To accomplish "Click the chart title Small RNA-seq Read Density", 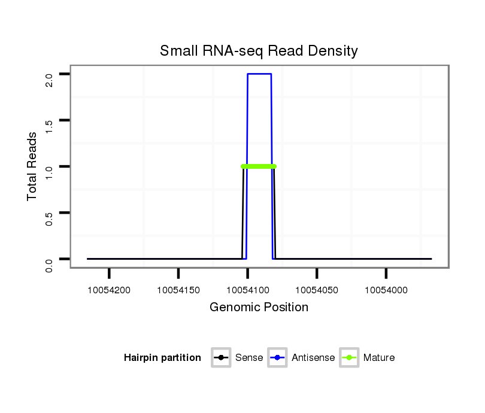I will point(259,51).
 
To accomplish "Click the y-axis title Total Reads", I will point(33,166).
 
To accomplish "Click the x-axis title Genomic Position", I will point(259,308).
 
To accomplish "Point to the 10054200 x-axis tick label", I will point(110,290).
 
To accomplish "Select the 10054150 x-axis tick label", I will point(178,290).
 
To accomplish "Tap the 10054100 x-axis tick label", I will point(248,290).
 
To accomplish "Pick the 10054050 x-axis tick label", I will point(317,290).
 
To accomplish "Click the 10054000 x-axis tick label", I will point(386,290).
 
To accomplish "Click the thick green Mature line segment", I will point(259,166).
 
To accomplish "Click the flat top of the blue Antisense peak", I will point(259,74).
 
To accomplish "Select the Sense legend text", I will point(248,358).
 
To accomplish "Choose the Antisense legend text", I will point(313,358).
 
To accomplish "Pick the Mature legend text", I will point(378,358).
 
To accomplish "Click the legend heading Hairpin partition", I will point(162,358).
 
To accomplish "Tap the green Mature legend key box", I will point(349,358).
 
